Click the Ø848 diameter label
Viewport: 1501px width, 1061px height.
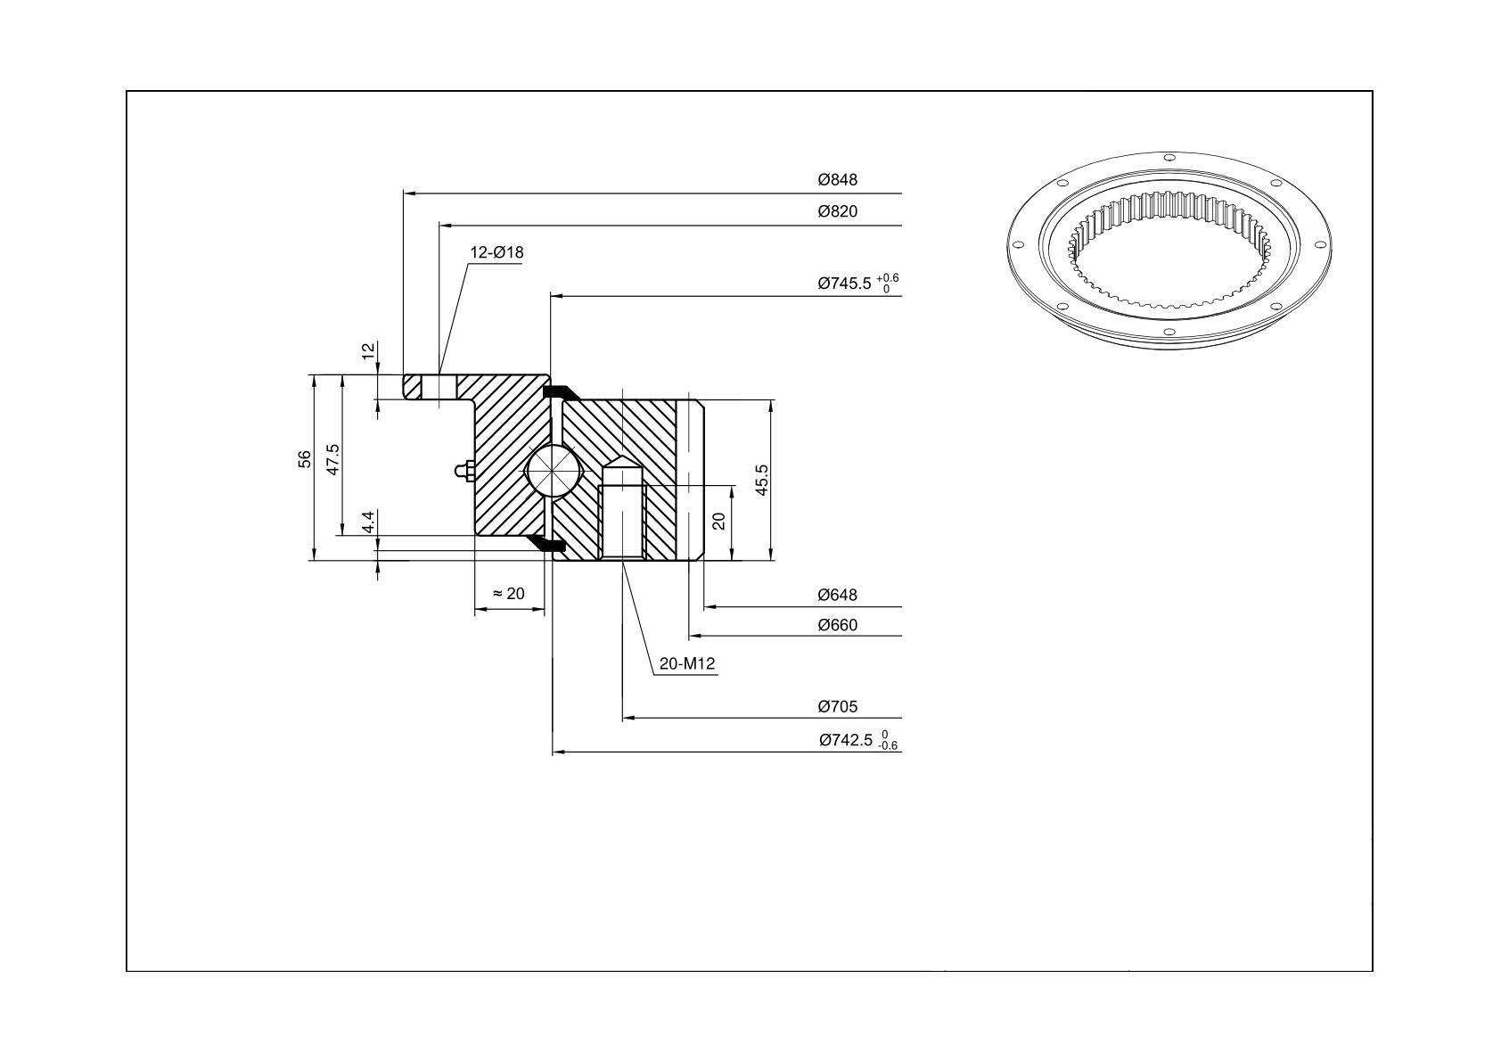(x=837, y=179)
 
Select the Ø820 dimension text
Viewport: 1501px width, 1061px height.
(x=837, y=211)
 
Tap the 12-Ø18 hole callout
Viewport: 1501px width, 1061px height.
(x=496, y=252)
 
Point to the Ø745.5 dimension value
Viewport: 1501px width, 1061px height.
(x=844, y=284)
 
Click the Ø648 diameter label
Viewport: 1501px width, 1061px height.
(x=837, y=595)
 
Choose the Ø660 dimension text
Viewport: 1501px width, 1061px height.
(x=837, y=625)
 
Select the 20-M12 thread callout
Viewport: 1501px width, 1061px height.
(x=687, y=663)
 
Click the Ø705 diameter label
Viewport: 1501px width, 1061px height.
(x=837, y=706)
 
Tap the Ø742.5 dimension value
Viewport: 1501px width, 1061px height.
(x=846, y=740)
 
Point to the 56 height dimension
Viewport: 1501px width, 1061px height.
(x=305, y=459)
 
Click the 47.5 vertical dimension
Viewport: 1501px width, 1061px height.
(x=333, y=459)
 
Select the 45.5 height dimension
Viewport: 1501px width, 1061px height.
(x=762, y=480)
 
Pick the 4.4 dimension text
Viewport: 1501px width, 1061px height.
(x=368, y=522)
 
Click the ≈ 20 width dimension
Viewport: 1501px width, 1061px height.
(x=509, y=594)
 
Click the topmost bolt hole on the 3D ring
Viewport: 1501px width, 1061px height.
(x=1169, y=158)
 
